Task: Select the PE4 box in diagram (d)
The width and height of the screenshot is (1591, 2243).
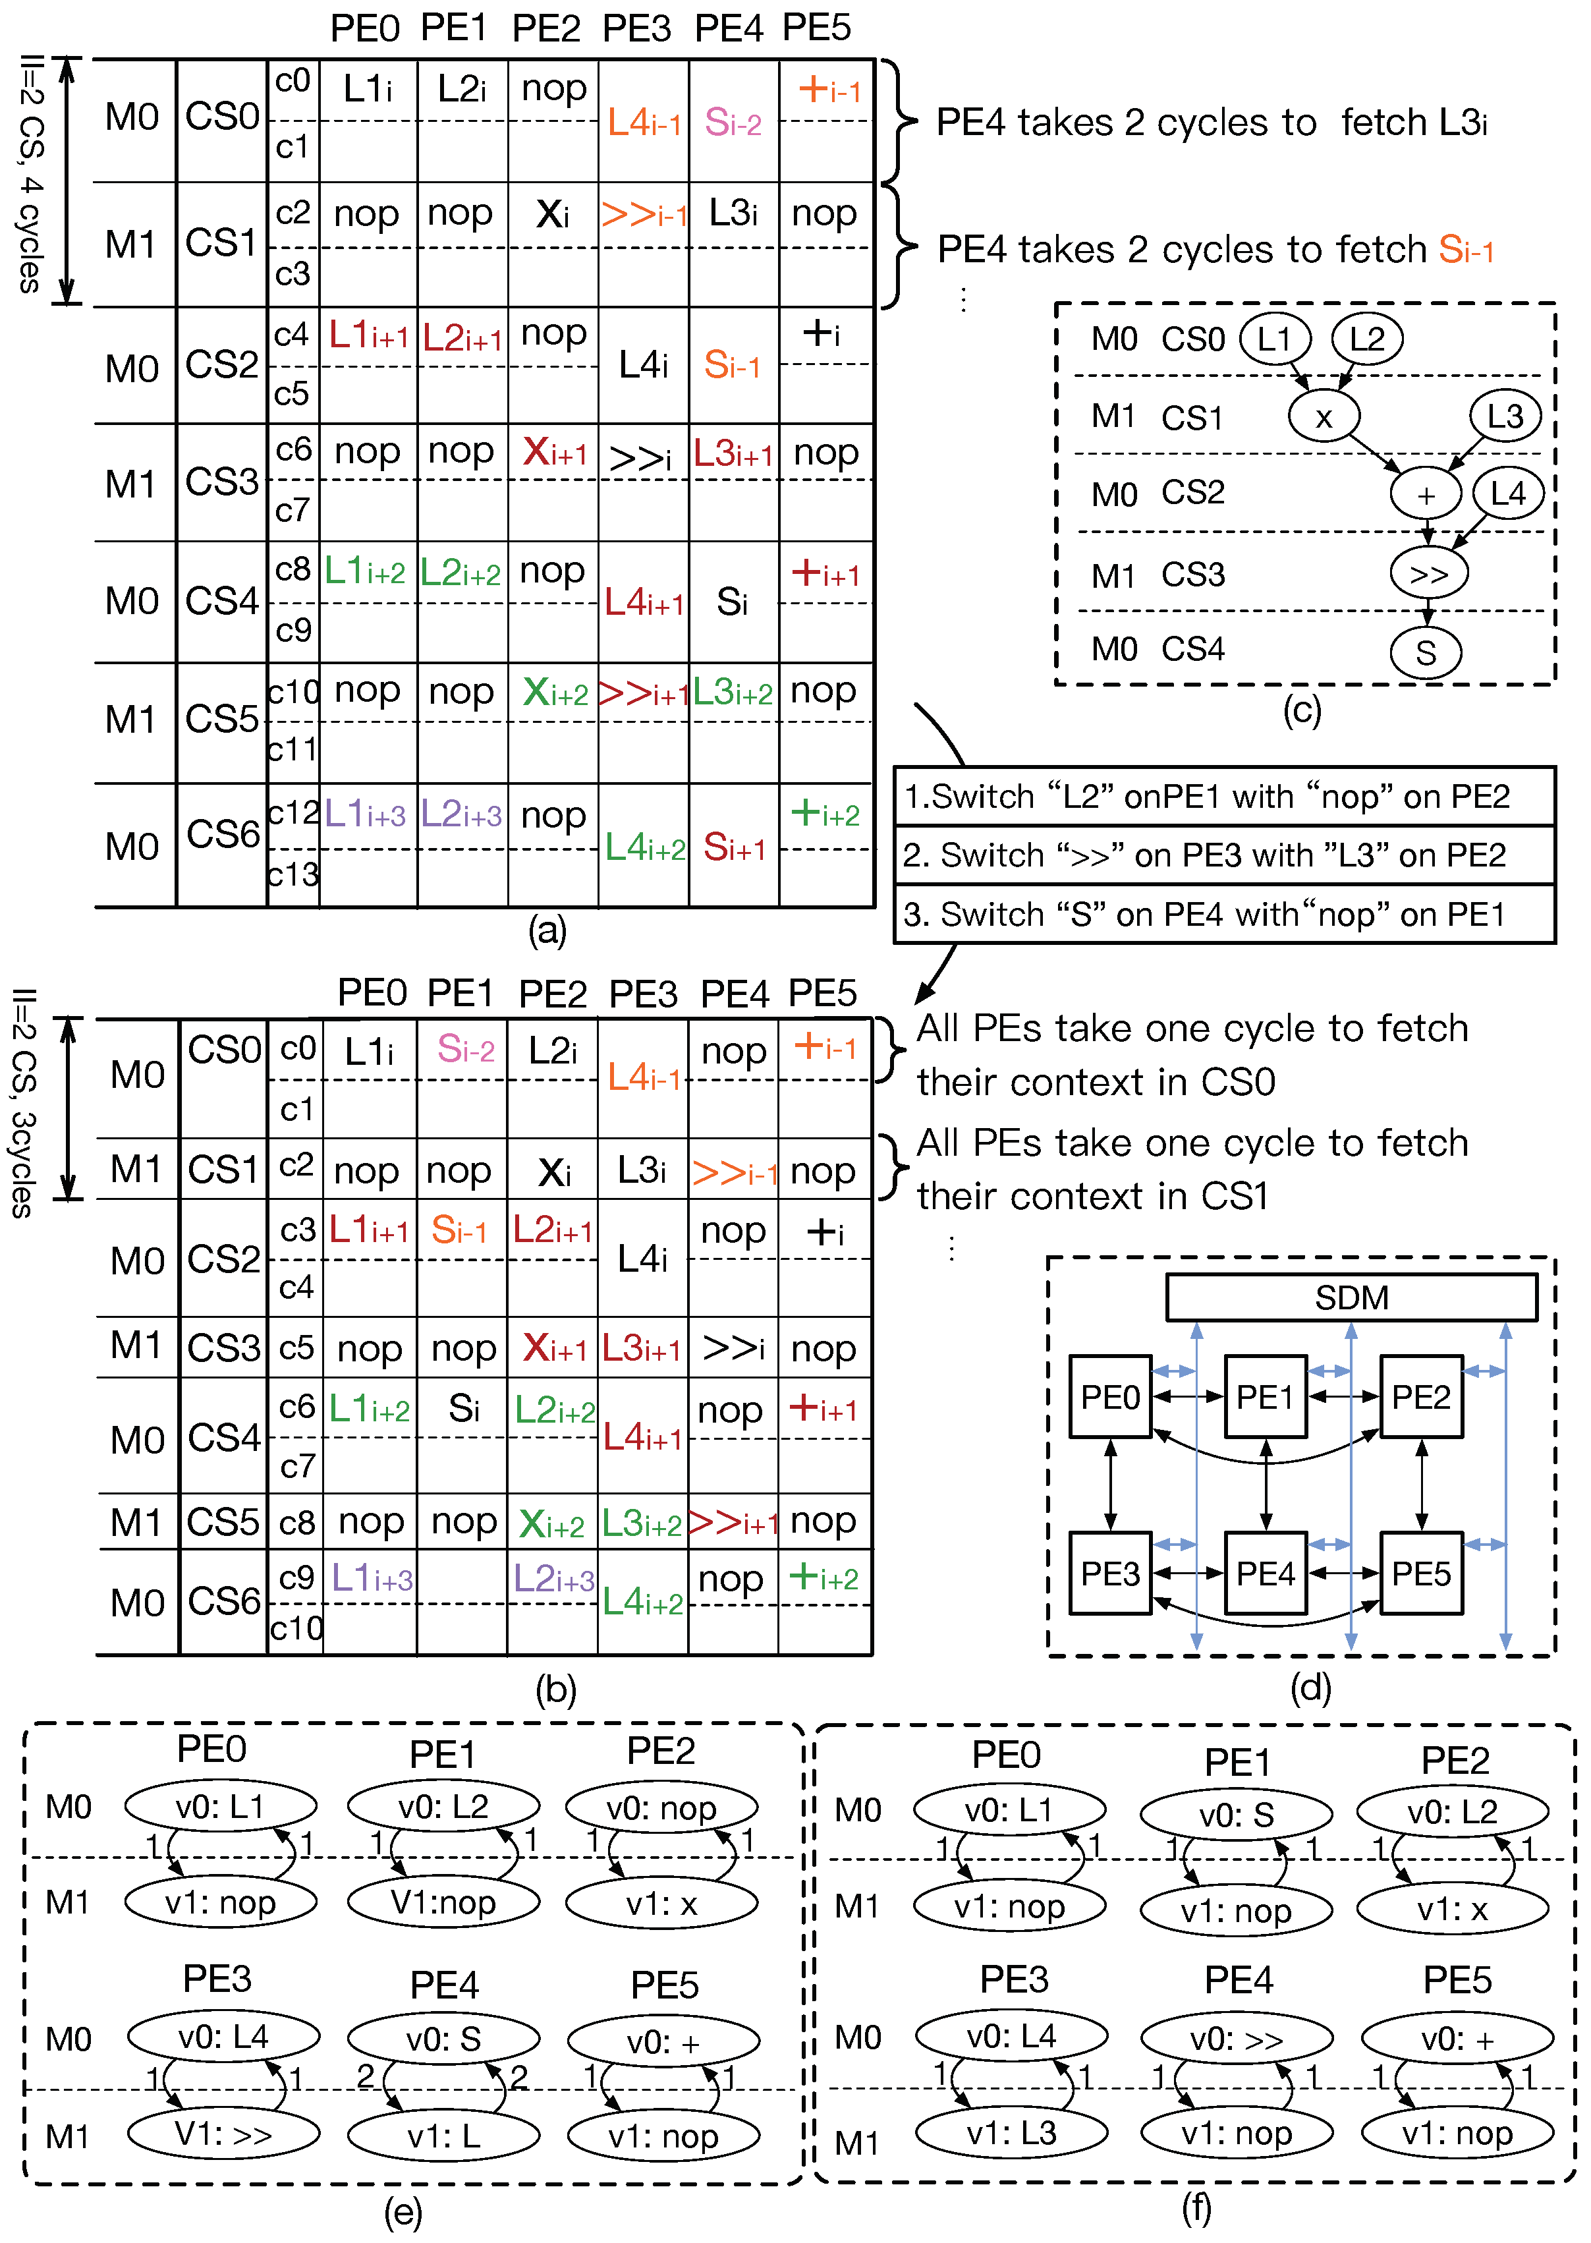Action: tap(1265, 1573)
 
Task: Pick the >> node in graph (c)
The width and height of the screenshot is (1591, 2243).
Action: tap(1428, 574)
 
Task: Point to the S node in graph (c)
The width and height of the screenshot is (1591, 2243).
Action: tap(1426, 652)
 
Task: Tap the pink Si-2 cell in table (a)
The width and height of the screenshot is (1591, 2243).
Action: tap(733, 123)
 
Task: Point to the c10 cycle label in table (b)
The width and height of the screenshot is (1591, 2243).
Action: tap(296, 1628)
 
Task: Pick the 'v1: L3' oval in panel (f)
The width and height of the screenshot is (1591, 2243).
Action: tap(1011, 2133)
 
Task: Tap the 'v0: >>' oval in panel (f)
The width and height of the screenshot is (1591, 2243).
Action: tap(1237, 2039)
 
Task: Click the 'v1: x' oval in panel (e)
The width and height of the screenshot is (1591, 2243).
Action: tap(661, 1903)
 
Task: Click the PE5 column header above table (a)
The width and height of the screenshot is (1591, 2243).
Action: tap(816, 28)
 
